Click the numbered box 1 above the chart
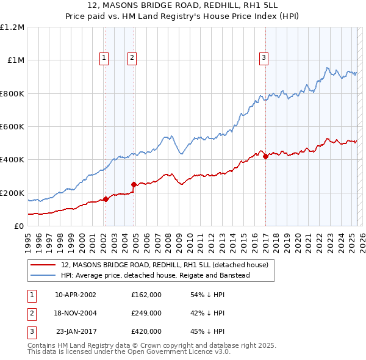point(104,59)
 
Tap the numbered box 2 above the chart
point(132,59)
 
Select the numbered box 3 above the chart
point(264,59)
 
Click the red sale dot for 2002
point(106,198)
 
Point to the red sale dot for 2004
point(134,184)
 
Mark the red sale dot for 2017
point(265,156)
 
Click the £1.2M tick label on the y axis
point(13,27)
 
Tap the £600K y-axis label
point(12,127)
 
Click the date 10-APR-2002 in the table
point(75,295)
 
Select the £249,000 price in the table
point(146,313)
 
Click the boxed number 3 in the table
point(31,331)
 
